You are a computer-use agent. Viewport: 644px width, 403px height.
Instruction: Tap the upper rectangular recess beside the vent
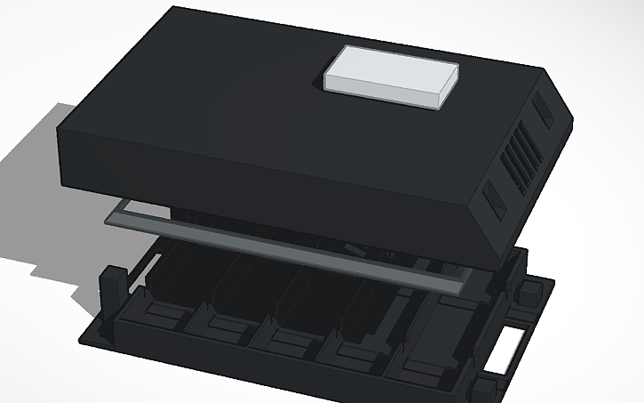pyautogui.click(x=542, y=108)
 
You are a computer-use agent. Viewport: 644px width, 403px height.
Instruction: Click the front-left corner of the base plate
pyautogui.click(x=84, y=336)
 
